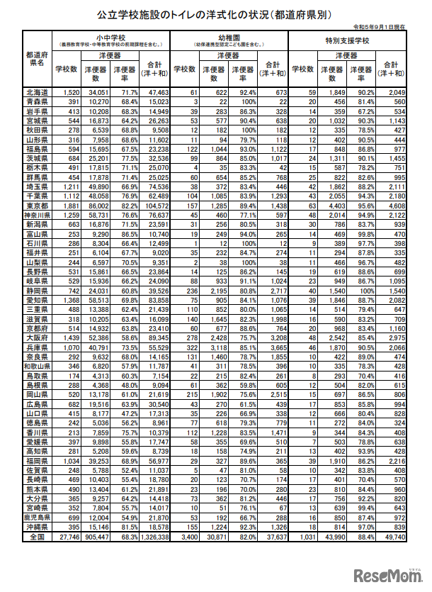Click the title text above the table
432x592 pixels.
[x=216, y=14]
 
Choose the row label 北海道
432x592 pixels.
[x=37, y=93]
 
